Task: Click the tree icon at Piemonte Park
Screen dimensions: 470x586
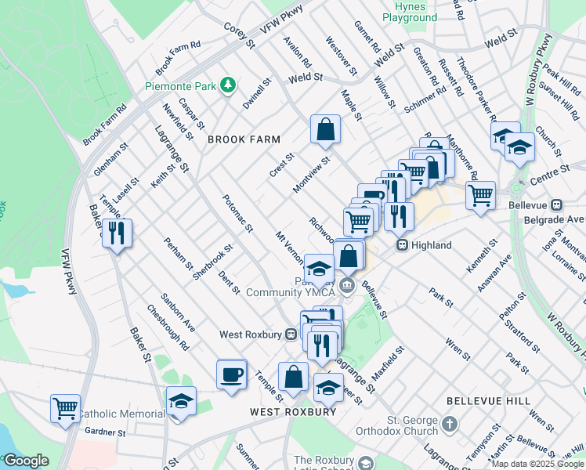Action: (228, 85)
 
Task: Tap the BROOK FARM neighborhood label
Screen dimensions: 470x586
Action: (244, 139)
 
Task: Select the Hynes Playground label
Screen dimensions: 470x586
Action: (411, 12)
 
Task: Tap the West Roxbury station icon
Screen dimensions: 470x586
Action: (291, 334)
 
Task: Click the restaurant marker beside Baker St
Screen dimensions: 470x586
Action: (117, 233)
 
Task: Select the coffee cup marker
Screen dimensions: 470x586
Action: (231, 374)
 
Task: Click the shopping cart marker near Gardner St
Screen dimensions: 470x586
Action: (65, 408)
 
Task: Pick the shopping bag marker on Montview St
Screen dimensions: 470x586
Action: (325, 130)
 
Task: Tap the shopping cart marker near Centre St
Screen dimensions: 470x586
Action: (480, 195)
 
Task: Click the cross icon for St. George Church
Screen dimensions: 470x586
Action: (449, 424)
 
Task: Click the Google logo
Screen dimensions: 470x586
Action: (25, 461)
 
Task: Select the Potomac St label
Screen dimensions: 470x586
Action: (237, 214)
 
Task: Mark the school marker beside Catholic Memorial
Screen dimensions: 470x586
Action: (181, 402)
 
